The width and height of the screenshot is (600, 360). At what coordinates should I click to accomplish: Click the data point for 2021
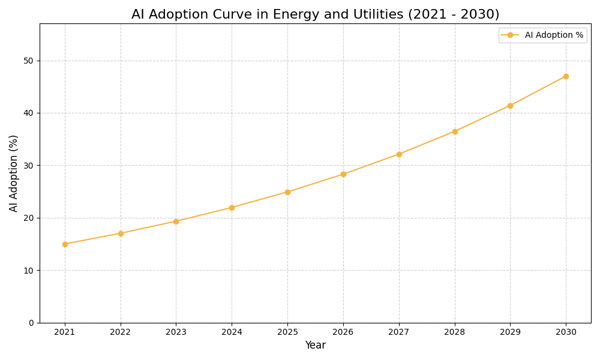coord(65,244)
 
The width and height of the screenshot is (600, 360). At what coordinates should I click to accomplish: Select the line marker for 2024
coord(232,208)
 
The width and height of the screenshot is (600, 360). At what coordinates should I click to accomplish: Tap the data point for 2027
coord(399,154)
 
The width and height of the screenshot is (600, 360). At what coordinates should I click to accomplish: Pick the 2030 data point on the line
coord(566,76)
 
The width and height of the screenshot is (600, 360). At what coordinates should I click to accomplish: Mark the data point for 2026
coord(343,174)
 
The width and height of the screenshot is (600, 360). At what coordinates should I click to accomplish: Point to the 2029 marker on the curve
coord(510,106)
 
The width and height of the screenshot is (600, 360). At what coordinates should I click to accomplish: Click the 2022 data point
coord(121,233)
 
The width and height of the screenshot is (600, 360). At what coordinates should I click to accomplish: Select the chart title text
coord(315,14)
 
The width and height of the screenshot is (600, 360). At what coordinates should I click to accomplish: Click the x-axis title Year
coord(315,346)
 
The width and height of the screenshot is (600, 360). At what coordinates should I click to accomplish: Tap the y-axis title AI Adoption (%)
coord(14,173)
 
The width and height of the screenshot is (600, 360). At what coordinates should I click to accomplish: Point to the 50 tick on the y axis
coord(28,61)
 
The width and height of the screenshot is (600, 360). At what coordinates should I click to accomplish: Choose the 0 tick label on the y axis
coord(31,323)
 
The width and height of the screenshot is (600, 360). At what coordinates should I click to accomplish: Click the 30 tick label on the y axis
coord(28,166)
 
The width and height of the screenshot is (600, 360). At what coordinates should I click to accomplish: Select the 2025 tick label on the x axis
coord(287,332)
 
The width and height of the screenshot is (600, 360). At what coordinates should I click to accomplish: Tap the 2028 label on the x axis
coord(455,332)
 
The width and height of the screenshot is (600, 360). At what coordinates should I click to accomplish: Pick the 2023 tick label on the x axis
coord(176,332)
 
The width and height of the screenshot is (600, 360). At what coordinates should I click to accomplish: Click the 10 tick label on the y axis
coord(28,271)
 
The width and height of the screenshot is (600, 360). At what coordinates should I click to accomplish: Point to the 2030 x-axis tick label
coord(566,332)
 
